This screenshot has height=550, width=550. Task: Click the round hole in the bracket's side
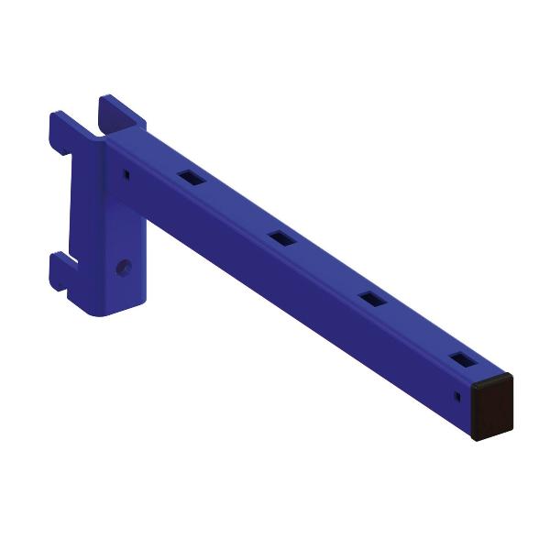[125, 267]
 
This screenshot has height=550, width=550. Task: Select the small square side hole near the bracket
[125, 170]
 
